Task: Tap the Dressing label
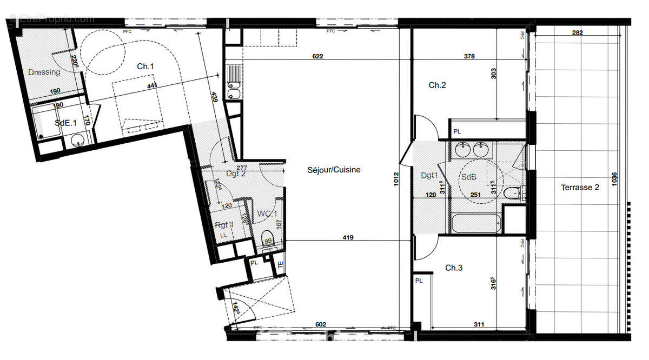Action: [x=44, y=72]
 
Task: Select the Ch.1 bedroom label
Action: [x=145, y=66]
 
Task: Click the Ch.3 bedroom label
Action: [x=454, y=268]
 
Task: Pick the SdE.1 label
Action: [x=65, y=123]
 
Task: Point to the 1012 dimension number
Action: [x=396, y=179]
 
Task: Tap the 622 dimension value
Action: [x=318, y=56]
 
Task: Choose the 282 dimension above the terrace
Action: [x=578, y=33]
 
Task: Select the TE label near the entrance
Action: [x=280, y=265]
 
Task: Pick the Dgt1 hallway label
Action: [x=429, y=175]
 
